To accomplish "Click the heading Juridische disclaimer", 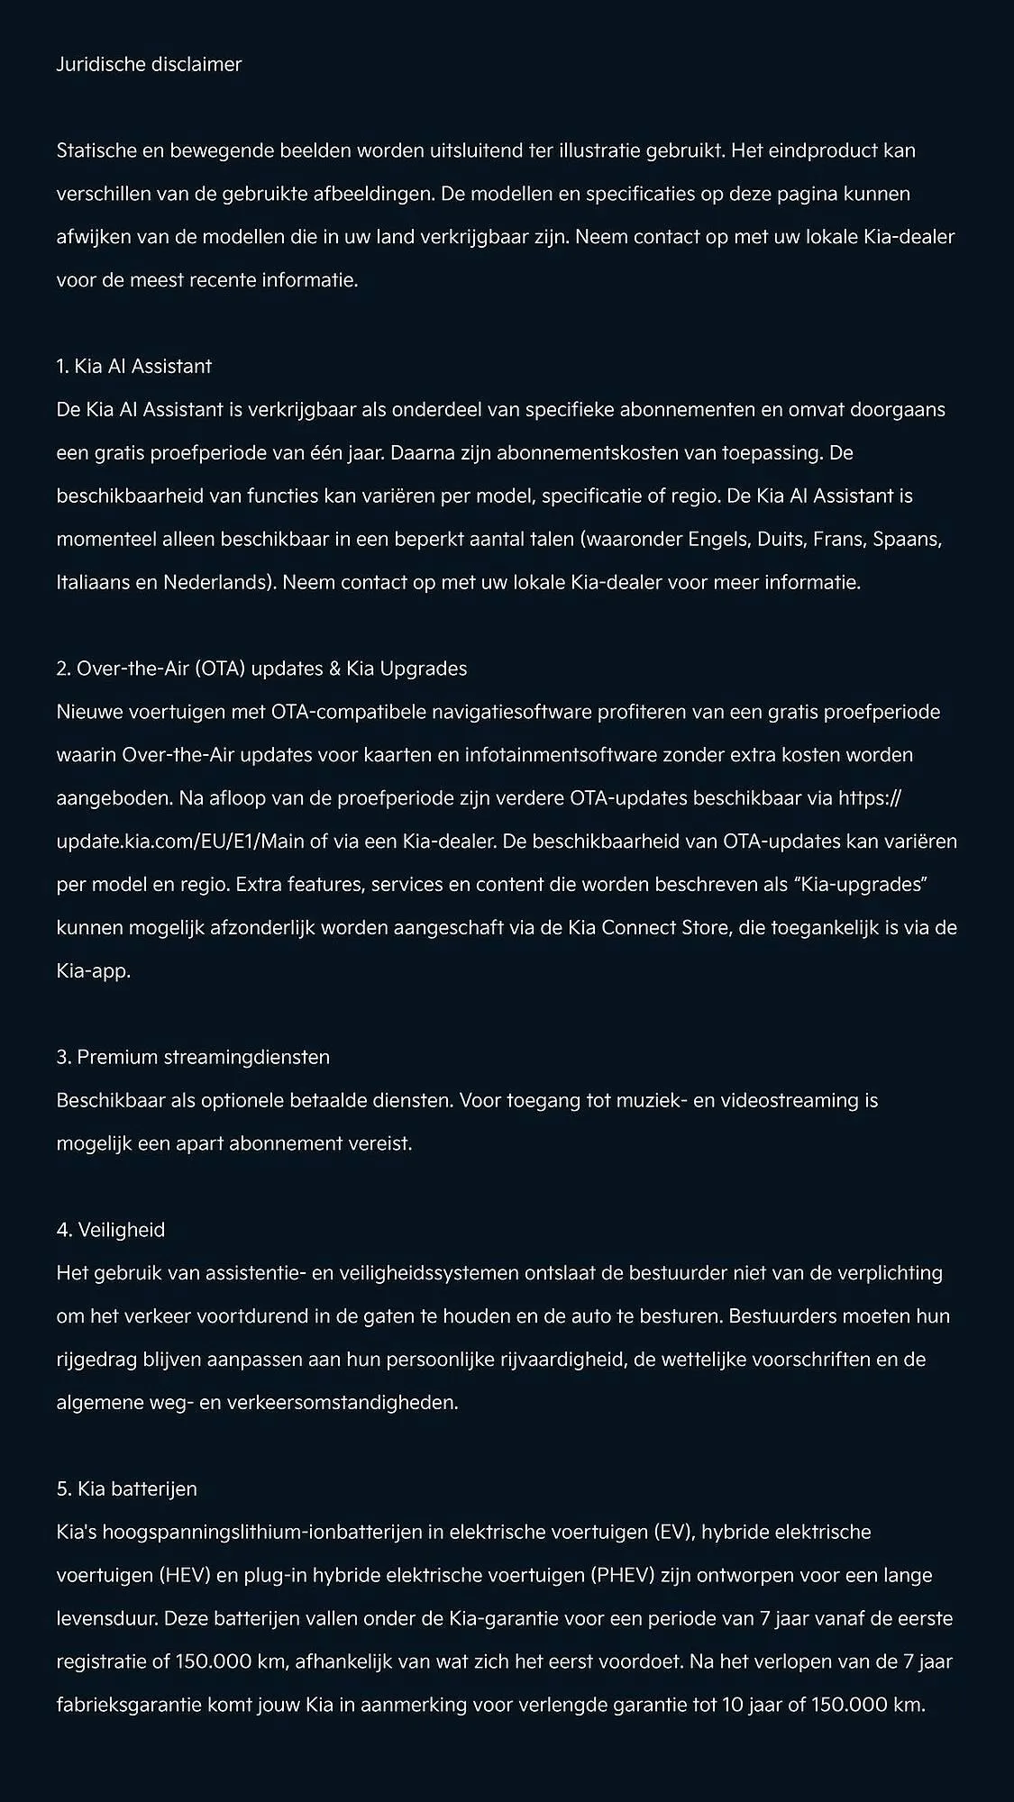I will (149, 65).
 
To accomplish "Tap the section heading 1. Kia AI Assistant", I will (133, 367).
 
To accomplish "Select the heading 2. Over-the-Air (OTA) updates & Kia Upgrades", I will (261, 669).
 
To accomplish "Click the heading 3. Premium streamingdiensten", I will (193, 1057).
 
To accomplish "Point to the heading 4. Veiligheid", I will (110, 1230).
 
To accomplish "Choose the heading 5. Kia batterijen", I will (126, 1489).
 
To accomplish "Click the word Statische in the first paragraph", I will (96, 150).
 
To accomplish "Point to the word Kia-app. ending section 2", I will (94, 972).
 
